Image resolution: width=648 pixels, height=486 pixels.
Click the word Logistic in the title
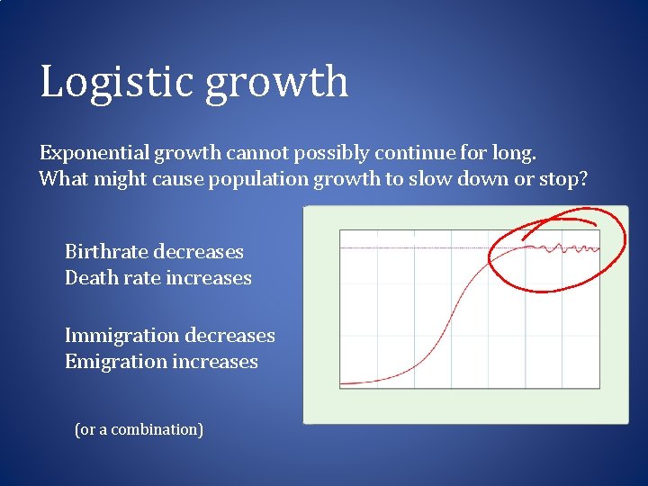tap(117, 81)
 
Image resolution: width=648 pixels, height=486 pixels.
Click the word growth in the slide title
tap(276, 83)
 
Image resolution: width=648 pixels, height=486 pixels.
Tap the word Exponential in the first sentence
tap(91, 153)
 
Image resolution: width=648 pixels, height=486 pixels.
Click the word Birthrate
tap(106, 252)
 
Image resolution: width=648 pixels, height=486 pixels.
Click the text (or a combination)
tap(139, 429)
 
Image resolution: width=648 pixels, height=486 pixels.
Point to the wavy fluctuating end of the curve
tap(571, 247)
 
